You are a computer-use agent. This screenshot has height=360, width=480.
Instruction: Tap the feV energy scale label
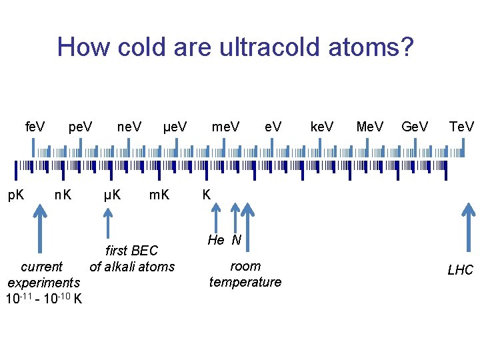[35, 126]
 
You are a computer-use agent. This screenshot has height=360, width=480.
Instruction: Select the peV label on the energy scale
[81, 126]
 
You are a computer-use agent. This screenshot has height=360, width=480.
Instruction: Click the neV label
[129, 126]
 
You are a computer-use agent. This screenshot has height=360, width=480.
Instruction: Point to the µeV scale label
[175, 126]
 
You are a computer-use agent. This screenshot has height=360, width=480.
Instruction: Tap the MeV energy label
[370, 126]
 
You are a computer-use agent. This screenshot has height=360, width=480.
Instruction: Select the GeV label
[415, 126]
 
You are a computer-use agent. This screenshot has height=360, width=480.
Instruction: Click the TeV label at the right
[461, 126]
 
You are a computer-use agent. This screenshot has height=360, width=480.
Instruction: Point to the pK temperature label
[16, 195]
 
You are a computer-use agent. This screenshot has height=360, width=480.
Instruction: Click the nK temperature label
[63, 195]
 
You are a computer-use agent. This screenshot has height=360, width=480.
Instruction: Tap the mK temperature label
[159, 195]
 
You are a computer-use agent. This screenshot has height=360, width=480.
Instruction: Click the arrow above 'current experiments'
[40, 229]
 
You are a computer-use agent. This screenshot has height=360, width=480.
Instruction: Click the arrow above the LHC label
[465, 229]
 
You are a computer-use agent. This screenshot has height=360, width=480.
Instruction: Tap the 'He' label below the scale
[216, 241]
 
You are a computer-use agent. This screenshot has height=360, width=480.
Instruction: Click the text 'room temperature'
[245, 274]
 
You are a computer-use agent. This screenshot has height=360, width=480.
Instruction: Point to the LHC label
[460, 270]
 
